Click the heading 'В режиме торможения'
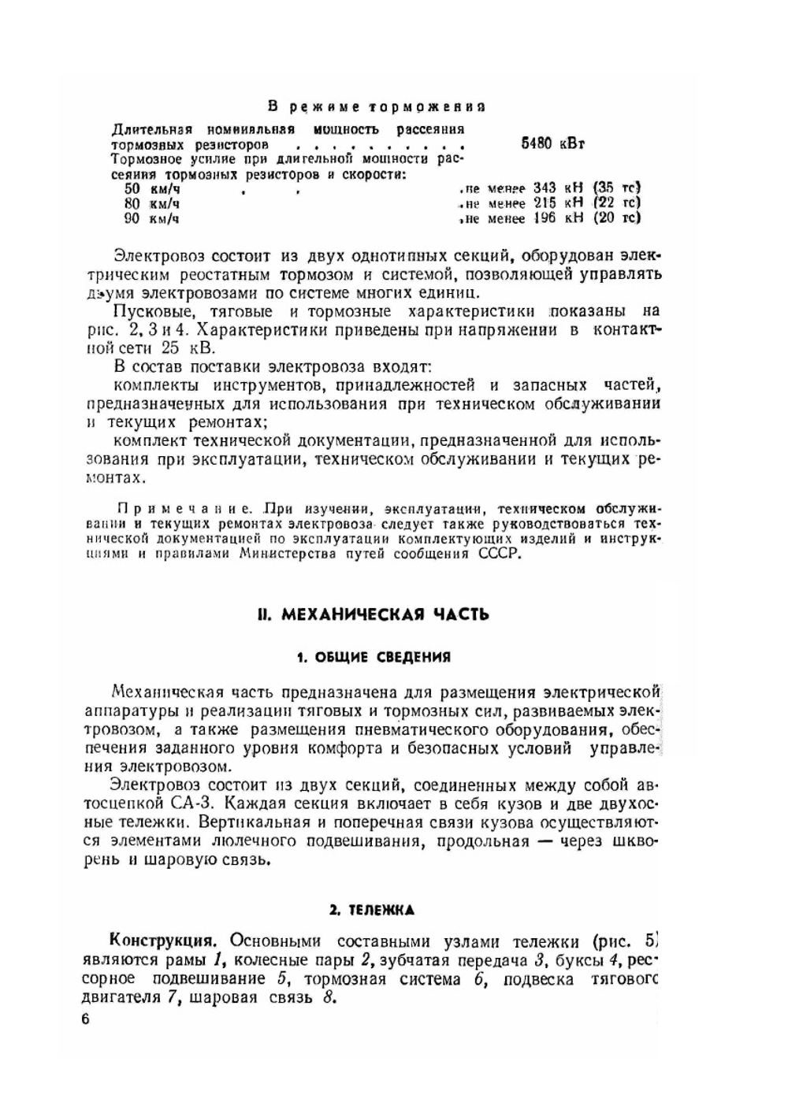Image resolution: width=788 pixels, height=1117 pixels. (x=376, y=106)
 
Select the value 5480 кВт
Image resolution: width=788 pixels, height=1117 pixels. (x=552, y=144)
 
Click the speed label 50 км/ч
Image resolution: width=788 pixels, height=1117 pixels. (x=153, y=189)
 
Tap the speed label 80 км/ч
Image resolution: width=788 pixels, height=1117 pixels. (x=153, y=203)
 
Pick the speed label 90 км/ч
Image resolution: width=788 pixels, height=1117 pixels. (x=153, y=218)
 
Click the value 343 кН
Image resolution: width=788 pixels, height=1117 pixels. (x=557, y=188)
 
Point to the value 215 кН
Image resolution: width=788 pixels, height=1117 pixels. (x=557, y=203)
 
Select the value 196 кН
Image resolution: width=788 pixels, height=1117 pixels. (x=557, y=218)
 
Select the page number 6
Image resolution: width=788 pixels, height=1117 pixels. (x=86, y=1019)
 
